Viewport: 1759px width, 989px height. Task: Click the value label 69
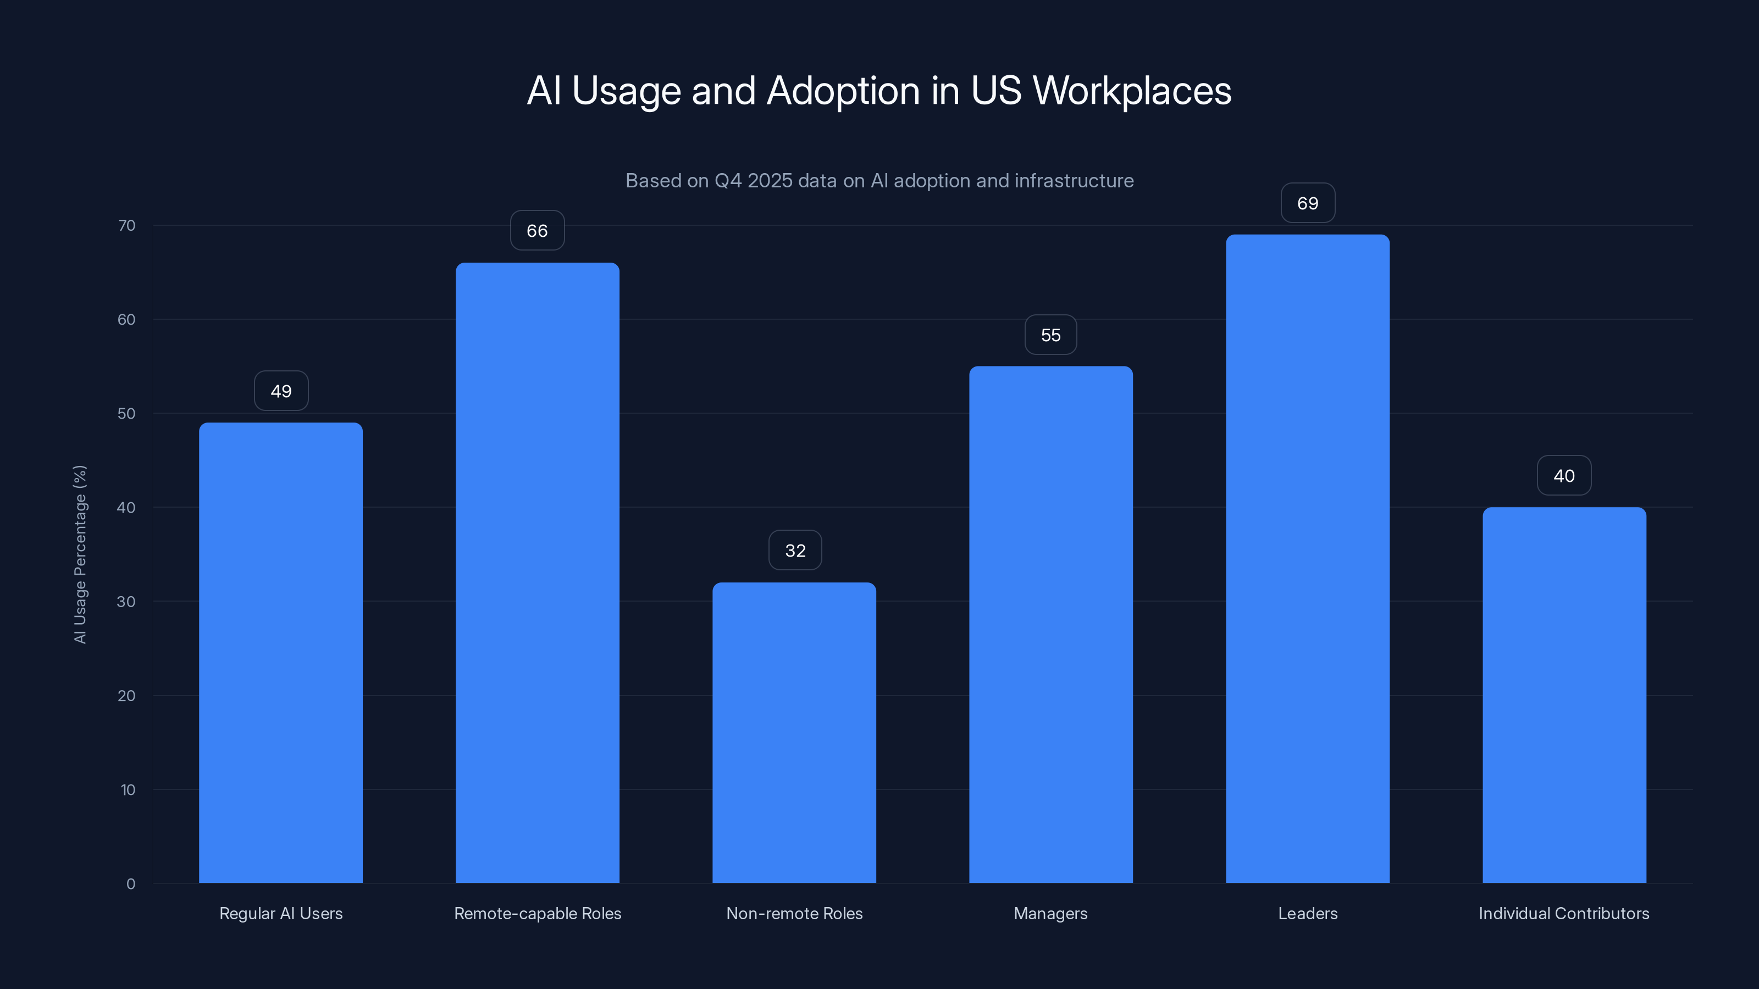click(1307, 203)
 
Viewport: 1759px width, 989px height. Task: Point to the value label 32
click(795, 551)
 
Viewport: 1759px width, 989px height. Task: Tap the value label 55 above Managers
click(1050, 335)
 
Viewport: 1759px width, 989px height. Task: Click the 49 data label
click(281, 391)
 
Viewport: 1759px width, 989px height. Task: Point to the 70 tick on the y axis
click(126, 225)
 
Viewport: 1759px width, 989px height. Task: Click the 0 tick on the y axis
click(130, 884)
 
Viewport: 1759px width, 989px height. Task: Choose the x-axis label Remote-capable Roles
click(538, 913)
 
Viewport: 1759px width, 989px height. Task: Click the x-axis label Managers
click(1050, 913)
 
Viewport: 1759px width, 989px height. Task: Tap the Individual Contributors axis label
click(1564, 913)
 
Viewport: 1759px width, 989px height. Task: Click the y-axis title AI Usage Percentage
click(80, 554)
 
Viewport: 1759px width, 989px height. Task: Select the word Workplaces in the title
click(1131, 91)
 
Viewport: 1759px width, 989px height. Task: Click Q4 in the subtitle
click(728, 181)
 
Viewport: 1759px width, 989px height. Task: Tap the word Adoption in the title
click(843, 91)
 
